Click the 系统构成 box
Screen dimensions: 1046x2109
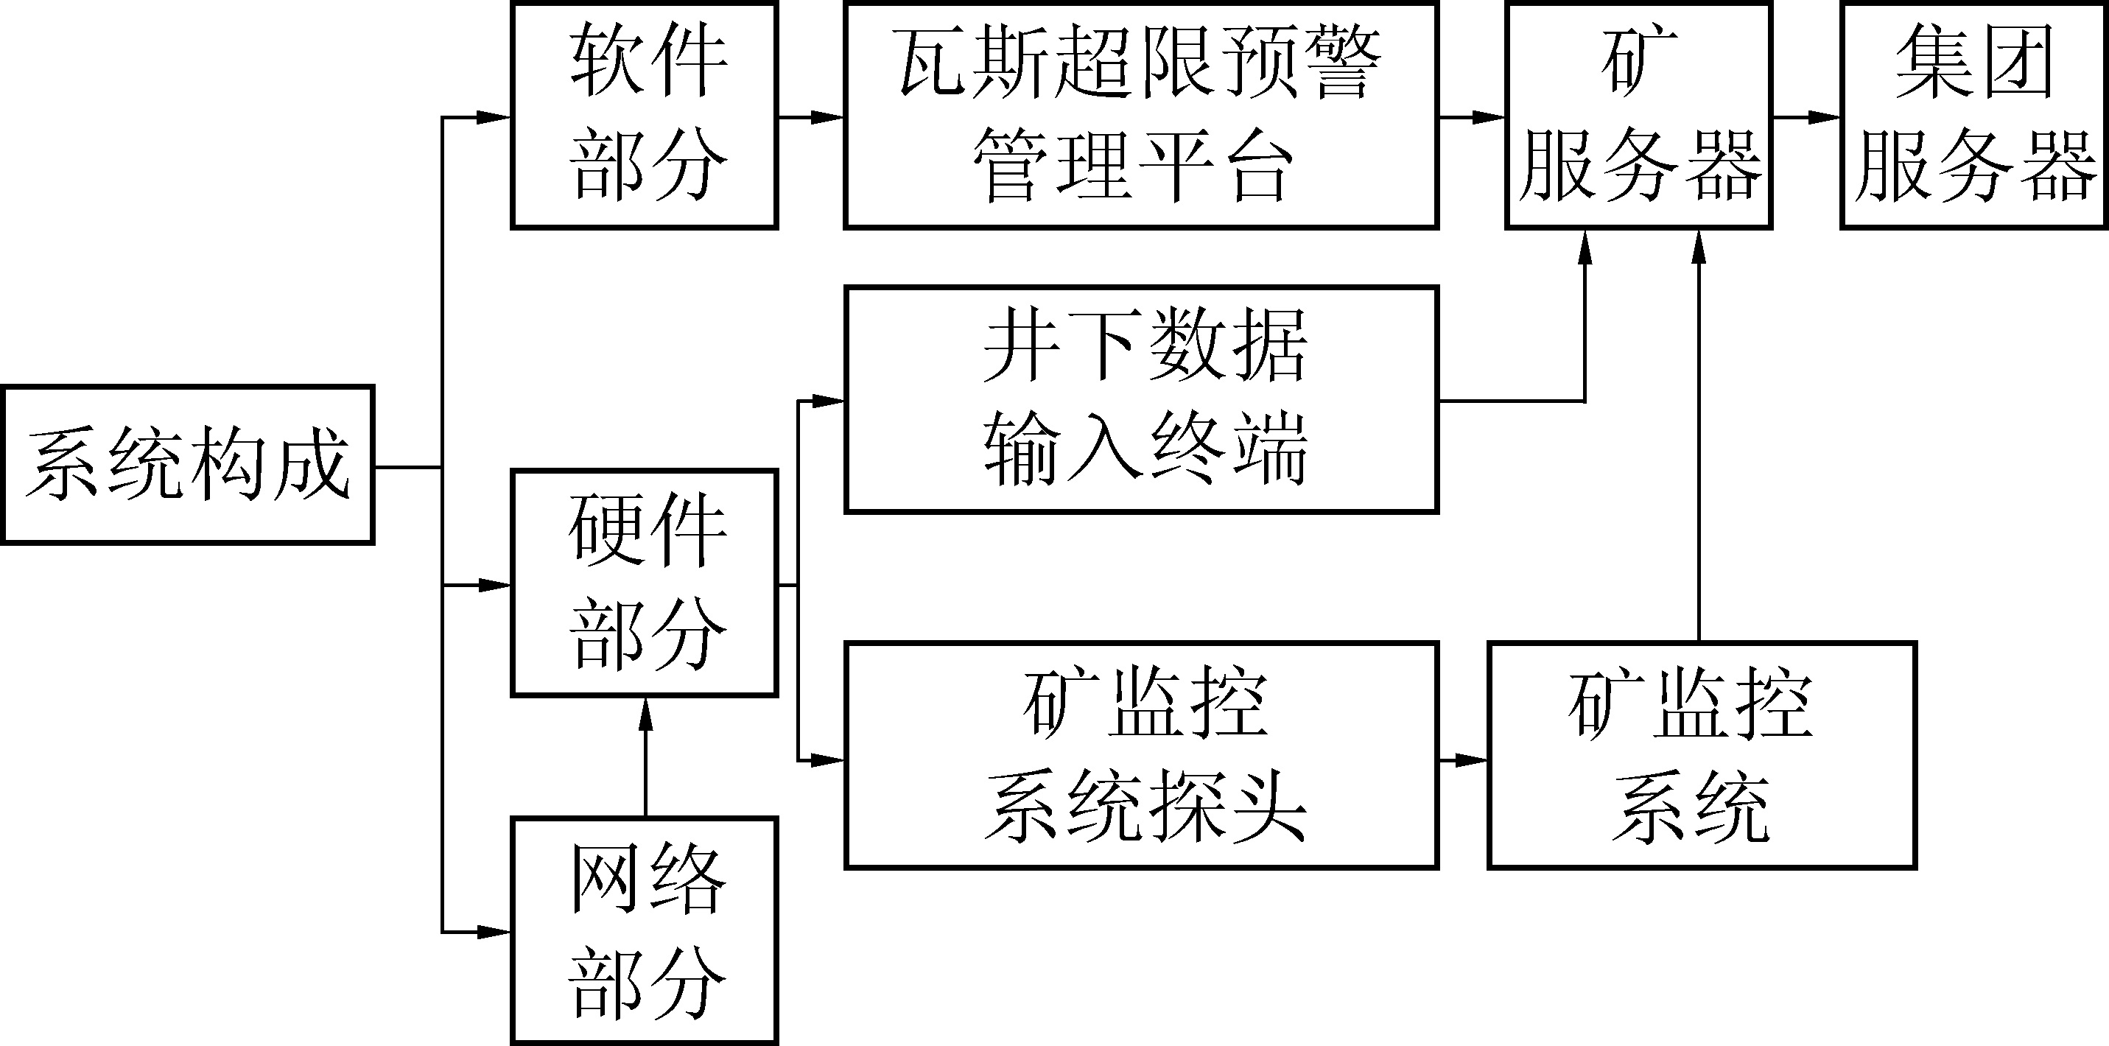click(x=188, y=464)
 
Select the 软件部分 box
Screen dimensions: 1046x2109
click(x=645, y=116)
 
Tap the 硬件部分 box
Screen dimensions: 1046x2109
click(x=645, y=583)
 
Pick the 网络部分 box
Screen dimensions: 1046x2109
click(x=645, y=930)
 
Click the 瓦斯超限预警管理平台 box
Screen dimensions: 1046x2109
click(x=1140, y=116)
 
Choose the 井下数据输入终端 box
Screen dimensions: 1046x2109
click(x=1140, y=399)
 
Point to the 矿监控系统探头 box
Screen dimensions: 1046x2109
click(x=1140, y=754)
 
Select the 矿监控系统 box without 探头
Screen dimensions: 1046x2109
click(x=1702, y=754)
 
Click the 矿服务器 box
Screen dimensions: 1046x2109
click(x=1638, y=116)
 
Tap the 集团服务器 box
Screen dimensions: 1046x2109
click(x=1974, y=116)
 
